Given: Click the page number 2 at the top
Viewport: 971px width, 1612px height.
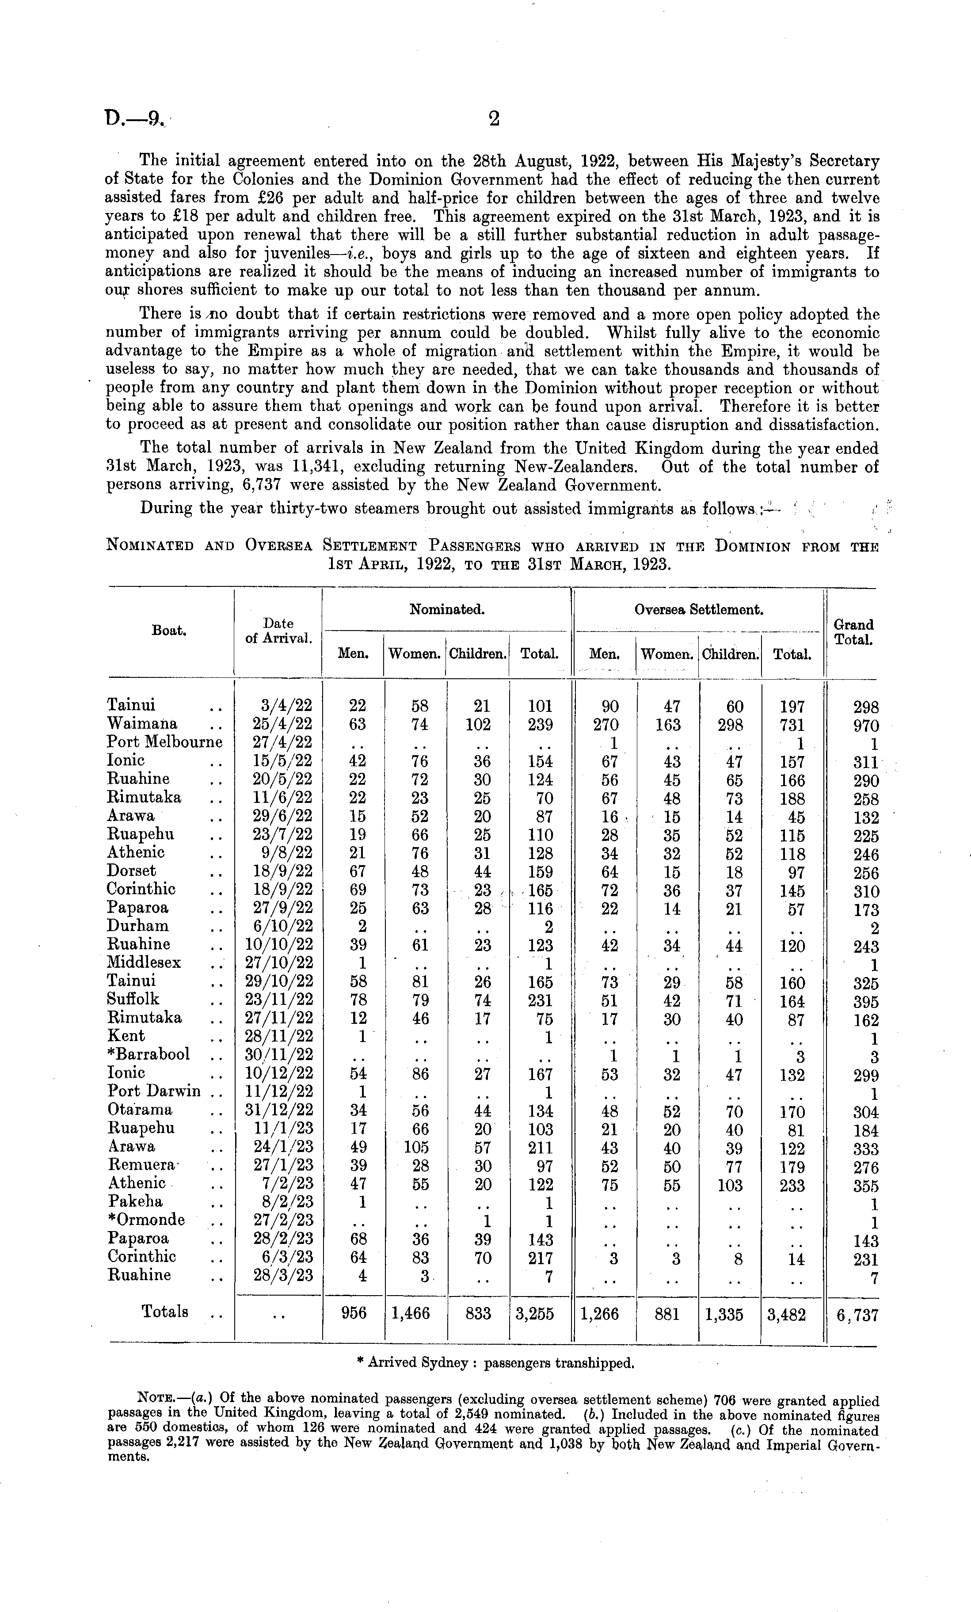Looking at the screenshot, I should point(494,118).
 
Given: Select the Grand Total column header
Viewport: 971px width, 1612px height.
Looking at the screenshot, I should point(854,632).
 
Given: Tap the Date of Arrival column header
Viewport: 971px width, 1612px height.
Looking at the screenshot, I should point(278,631).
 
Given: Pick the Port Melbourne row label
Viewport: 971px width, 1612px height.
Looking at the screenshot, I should point(164,742).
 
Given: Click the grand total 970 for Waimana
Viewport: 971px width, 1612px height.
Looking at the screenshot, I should point(866,726).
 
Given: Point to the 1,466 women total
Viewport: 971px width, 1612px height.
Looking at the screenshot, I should point(410,1314).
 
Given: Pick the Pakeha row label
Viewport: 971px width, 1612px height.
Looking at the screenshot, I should point(135,1201).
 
